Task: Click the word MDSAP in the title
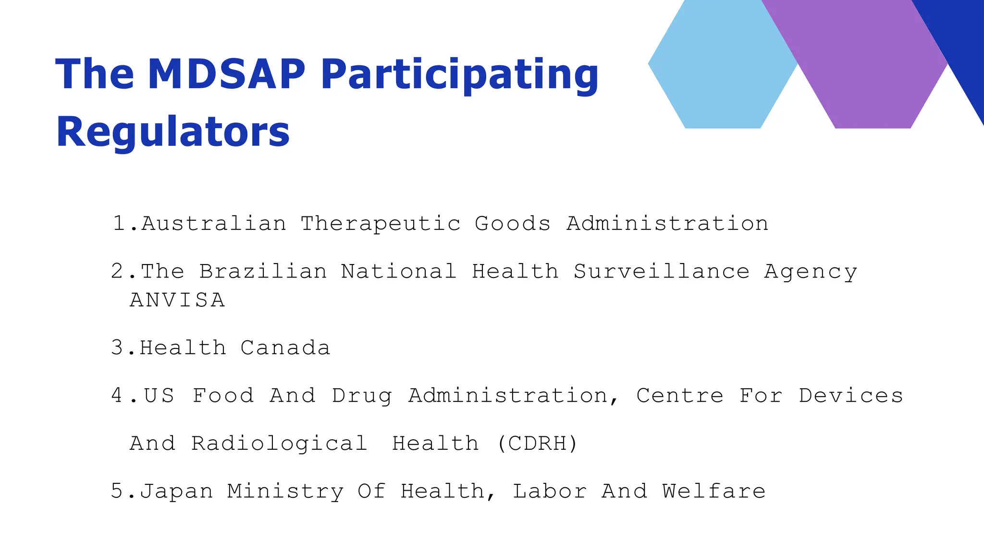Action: click(226, 74)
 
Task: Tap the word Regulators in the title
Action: click(173, 132)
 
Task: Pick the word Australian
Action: click(214, 224)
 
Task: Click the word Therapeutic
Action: click(381, 224)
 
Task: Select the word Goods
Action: click(512, 224)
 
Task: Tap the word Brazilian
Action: click(263, 271)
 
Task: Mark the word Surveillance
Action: click(662, 271)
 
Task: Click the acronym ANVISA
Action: click(177, 300)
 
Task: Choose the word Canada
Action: click(285, 348)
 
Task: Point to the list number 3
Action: click(117, 348)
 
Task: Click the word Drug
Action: click(362, 396)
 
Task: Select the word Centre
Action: click(680, 396)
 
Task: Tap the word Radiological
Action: click(279, 444)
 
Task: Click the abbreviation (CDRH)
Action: click(537, 444)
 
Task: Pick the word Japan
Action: click(176, 492)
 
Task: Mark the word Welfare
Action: click(713, 491)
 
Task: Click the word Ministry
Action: click(285, 492)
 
